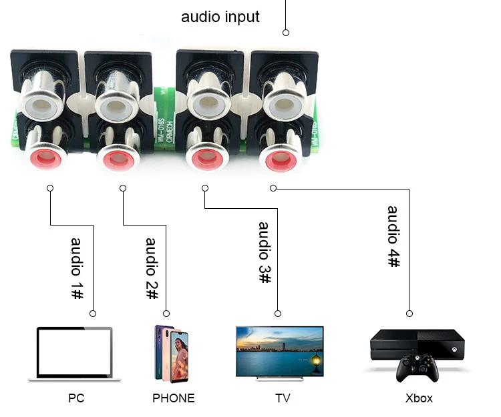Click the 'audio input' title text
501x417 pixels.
[x=220, y=17]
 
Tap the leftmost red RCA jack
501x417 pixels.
[x=46, y=158]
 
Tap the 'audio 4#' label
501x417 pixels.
[x=394, y=237]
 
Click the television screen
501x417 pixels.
[x=280, y=350]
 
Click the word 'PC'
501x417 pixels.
[x=76, y=398]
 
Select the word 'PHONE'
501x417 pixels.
[x=173, y=398]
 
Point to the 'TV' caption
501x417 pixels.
[x=283, y=398]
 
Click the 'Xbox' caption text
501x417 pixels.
[x=419, y=398]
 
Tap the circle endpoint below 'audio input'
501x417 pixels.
[x=286, y=32]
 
